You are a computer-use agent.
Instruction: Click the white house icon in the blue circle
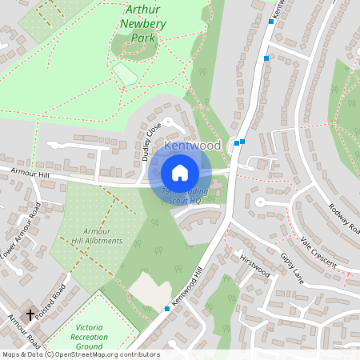[180, 172]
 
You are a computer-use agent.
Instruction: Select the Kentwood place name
[192, 146]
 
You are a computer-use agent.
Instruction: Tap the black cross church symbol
[30, 315]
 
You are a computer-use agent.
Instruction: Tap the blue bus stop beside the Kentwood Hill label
[167, 308]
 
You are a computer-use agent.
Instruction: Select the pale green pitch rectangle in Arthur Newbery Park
[126, 74]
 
